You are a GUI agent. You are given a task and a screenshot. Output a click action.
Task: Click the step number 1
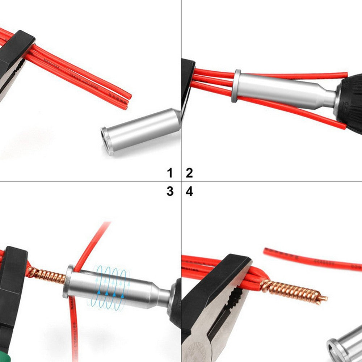pos(170,173)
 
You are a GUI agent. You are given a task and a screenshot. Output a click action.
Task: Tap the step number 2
pos(189,173)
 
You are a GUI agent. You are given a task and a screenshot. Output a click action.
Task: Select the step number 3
pos(170,191)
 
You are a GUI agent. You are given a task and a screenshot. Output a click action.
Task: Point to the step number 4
pos(189,191)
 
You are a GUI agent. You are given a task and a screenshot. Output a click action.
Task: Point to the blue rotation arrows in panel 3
pos(109,286)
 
